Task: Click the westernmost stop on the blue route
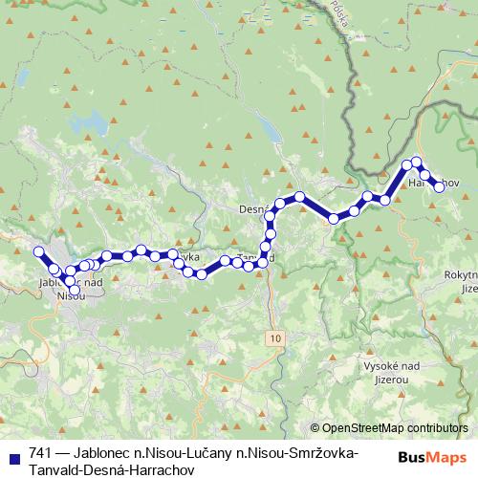pos(39,251)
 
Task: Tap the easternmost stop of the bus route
pos(440,187)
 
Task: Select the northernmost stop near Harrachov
pos(417,163)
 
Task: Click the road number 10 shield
pos(275,338)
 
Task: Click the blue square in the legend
pos(11,452)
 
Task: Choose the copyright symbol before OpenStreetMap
pos(315,429)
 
